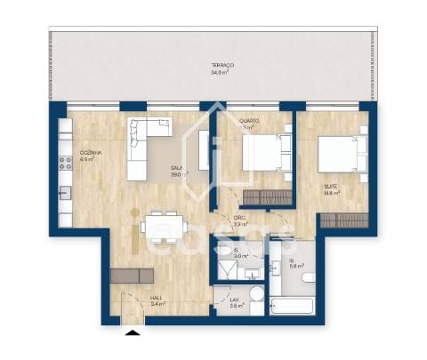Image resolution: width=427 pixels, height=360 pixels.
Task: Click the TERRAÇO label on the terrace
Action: (x=222, y=66)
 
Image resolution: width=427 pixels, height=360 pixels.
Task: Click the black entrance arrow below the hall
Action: (x=133, y=332)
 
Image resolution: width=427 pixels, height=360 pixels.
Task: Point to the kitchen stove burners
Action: (x=65, y=162)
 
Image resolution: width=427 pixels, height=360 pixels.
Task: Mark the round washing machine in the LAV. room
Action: (x=256, y=295)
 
